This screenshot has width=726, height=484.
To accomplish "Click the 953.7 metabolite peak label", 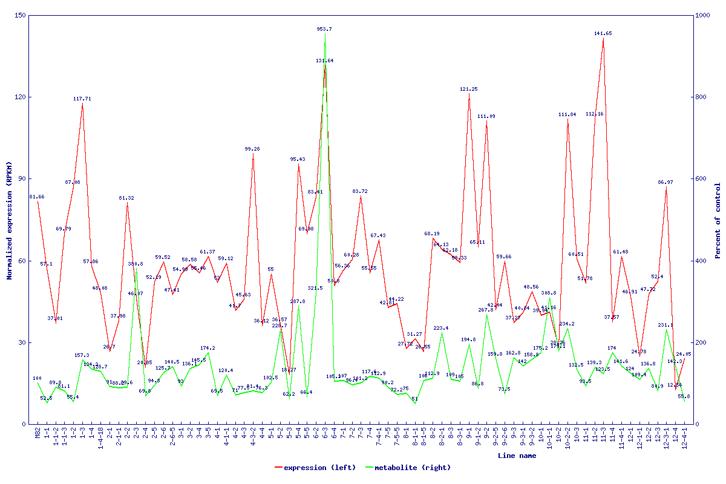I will (x=324, y=29).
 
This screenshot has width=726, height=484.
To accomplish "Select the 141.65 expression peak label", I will (x=603, y=33).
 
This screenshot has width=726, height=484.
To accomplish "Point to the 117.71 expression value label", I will (x=82, y=99).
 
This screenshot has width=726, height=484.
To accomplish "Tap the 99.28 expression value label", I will (x=253, y=149).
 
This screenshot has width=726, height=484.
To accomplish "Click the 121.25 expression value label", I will (x=469, y=89).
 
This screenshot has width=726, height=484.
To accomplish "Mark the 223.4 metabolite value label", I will (x=442, y=328).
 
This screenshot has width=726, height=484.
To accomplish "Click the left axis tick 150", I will (x=21, y=15).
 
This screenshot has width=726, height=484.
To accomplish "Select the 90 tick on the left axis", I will (x=22, y=178).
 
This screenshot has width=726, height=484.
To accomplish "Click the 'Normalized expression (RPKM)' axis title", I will (x=9, y=221).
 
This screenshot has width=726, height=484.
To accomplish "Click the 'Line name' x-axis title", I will (x=517, y=456).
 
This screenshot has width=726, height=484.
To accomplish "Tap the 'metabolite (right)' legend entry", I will (x=408, y=468).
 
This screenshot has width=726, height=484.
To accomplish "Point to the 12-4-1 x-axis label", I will (x=684, y=439).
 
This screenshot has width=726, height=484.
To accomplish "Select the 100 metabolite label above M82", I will (x=38, y=378).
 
